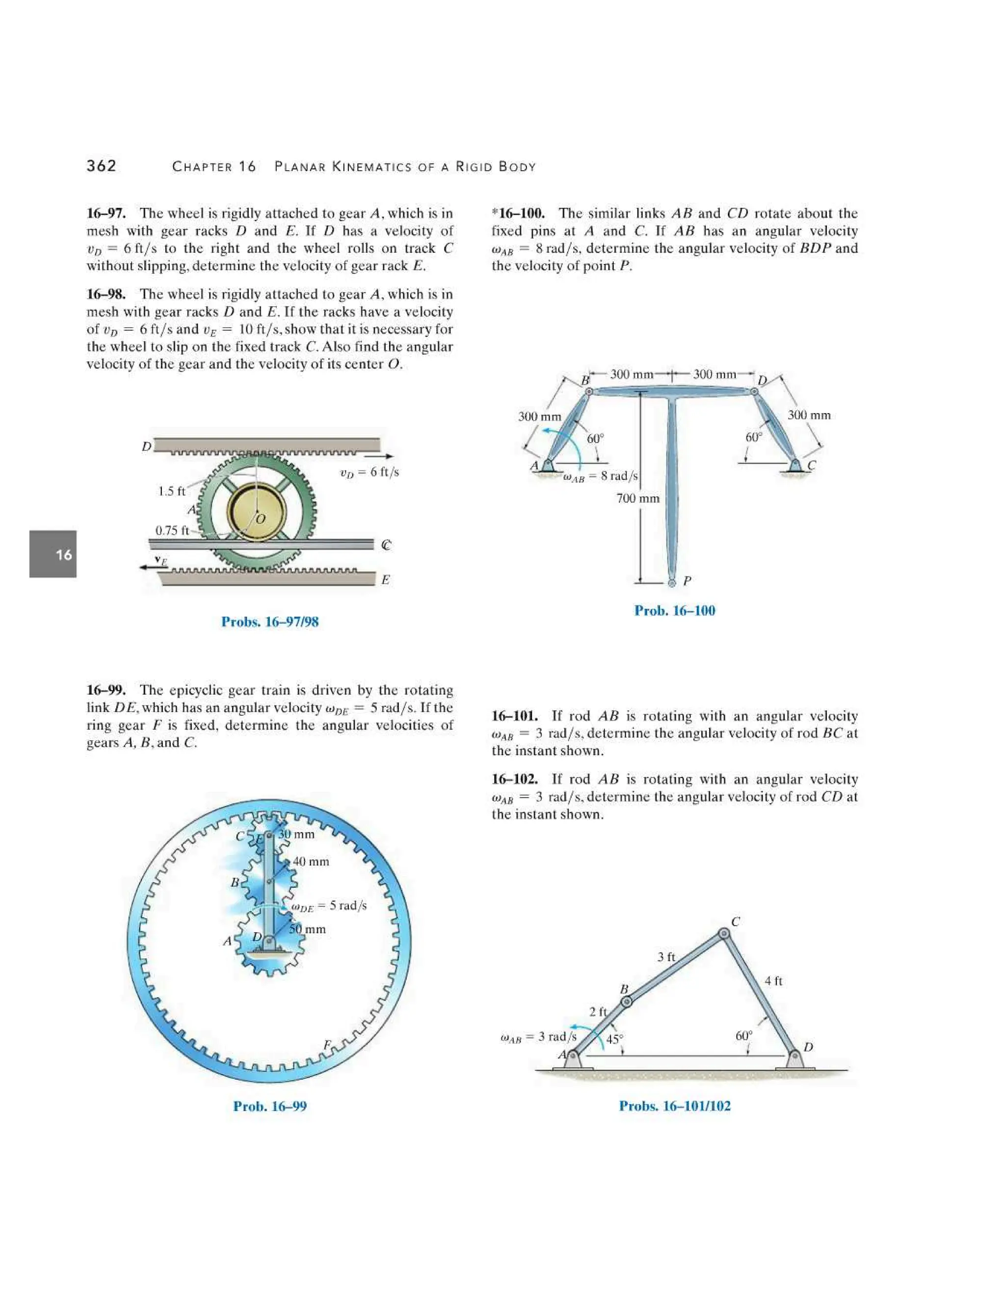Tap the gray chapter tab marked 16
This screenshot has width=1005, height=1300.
pos(53,554)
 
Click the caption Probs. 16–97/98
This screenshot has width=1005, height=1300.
pos(270,622)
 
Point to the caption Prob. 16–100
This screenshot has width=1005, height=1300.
pos(675,610)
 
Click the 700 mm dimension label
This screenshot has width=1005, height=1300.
pos(637,498)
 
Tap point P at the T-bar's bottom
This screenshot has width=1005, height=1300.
pos(672,583)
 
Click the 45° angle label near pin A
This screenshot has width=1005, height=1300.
pos(614,1040)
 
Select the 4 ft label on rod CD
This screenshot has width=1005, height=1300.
pos(773,980)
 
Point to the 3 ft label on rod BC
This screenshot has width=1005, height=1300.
pos(666,957)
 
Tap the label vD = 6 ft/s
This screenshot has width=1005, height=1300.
pos(369,472)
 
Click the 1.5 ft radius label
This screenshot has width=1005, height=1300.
pos(171,491)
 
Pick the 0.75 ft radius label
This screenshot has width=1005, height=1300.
pos(171,530)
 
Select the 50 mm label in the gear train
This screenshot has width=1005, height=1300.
pos(308,929)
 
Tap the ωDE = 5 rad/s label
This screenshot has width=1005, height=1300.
pos(329,906)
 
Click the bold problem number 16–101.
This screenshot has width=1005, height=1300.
pos(514,716)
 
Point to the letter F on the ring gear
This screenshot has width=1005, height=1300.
pos(327,1044)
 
